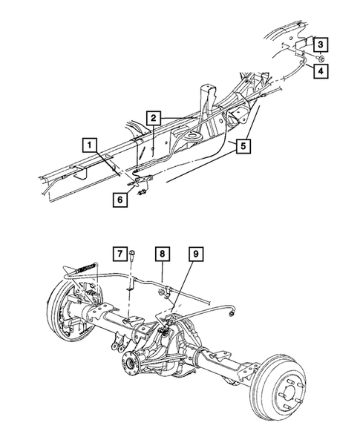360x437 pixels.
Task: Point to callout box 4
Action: [x=319, y=71]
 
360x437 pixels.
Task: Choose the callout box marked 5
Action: [x=242, y=145]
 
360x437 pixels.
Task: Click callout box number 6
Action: [x=118, y=199]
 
